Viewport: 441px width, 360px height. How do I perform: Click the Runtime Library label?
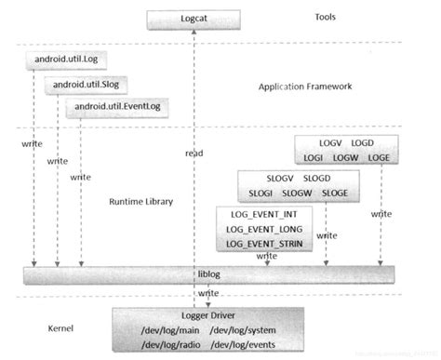click(x=140, y=201)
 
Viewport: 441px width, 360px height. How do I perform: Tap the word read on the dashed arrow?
click(x=194, y=153)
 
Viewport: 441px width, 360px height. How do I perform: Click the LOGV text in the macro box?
click(x=329, y=144)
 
